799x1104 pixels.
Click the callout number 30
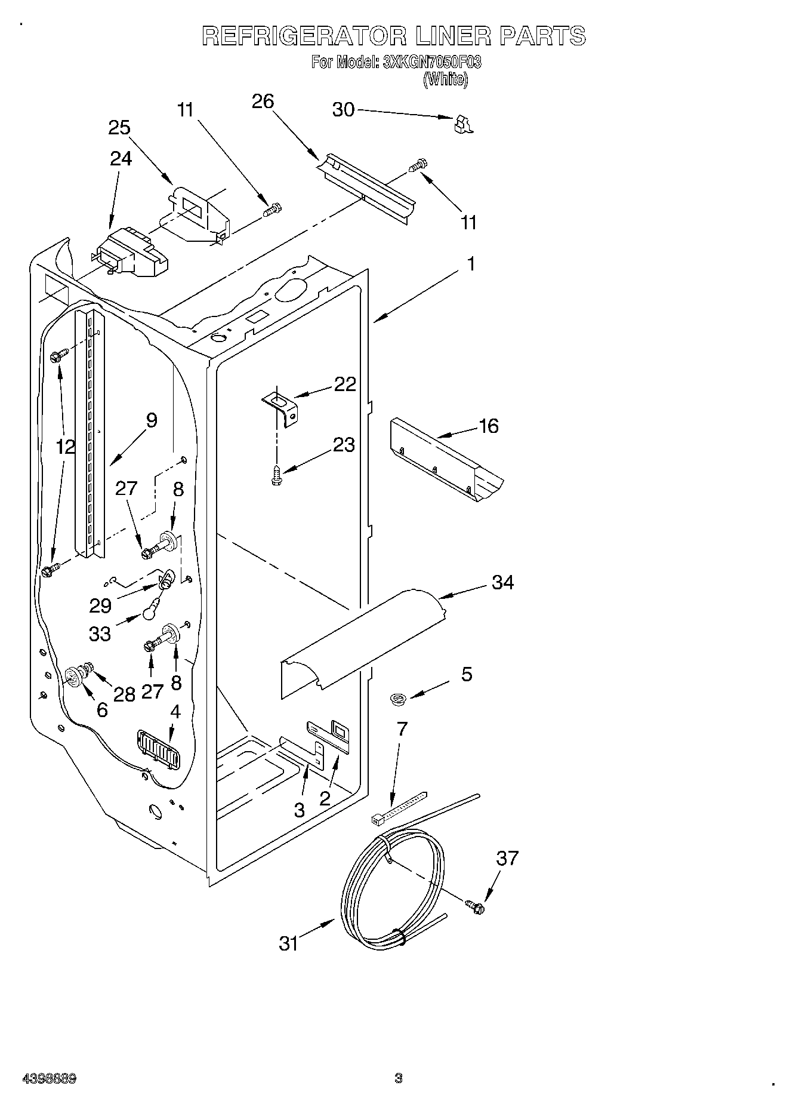pos(343,110)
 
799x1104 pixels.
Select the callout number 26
pos(263,102)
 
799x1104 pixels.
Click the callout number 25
pos(119,128)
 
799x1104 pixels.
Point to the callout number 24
pos(121,158)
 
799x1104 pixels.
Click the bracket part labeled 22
pos(281,407)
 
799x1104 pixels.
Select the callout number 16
pos(489,426)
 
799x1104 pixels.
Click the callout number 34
pos(502,582)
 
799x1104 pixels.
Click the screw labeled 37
pos(476,907)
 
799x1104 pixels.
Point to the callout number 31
pos(289,943)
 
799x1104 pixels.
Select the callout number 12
pos(66,446)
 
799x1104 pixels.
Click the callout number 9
pos(152,420)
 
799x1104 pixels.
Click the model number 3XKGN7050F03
pos(432,62)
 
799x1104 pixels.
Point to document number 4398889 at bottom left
pos(48,1079)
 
